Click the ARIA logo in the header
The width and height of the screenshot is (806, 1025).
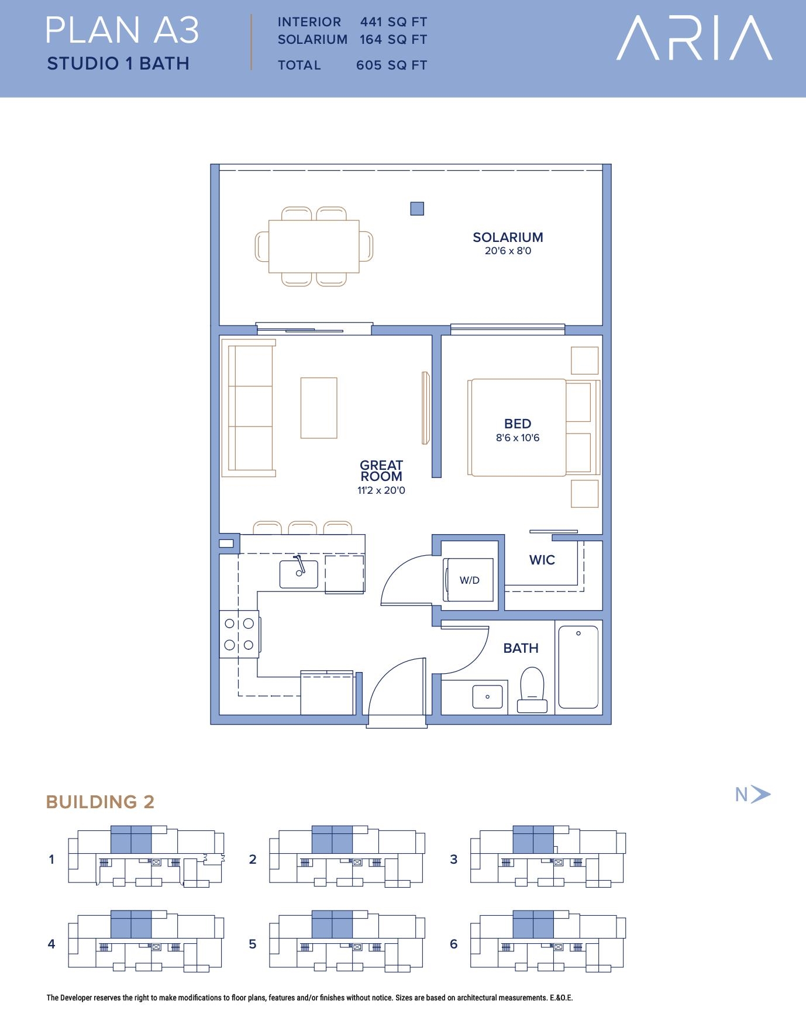click(x=694, y=38)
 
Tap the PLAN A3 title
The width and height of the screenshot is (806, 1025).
click(x=123, y=30)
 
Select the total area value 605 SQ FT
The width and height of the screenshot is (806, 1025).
click(x=391, y=65)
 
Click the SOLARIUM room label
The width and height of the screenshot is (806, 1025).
click(x=508, y=237)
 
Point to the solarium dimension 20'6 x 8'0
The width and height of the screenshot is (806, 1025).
click(x=508, y=251)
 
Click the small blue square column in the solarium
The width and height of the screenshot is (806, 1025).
click(x=417, y=209)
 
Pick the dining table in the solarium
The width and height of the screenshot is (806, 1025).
click(x=314, y=246)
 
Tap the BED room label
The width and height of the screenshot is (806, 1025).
click(x=518, y=424)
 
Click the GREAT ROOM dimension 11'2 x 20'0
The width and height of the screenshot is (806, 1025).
click(x=381, y=491)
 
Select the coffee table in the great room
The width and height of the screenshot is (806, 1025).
click(x=319, y=408)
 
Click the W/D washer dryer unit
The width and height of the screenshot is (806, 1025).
click(x=469, y=580)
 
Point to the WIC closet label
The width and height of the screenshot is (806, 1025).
click(x=542, y=560)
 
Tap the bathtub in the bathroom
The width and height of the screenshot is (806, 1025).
click(x=578, y=667)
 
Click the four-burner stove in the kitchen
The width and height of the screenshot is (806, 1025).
click(x=239, y=634)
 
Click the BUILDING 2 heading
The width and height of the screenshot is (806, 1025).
click(x=100, y=802)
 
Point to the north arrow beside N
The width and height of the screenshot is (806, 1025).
click(x=761, y=794)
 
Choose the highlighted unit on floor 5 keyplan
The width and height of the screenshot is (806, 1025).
click(x=332, y=924)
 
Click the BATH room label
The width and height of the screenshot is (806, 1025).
click(x=521, y=648)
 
